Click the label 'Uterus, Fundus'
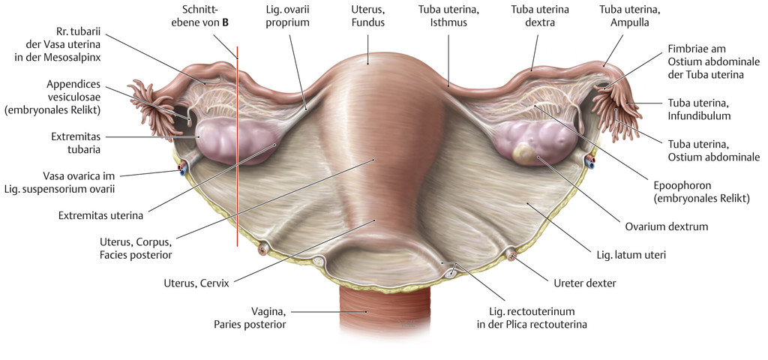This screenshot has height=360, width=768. coord(367,16)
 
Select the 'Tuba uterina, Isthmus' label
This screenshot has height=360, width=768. coord(448,16)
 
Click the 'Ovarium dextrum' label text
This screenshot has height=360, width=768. coord(667,226)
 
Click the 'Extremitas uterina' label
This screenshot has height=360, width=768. coord(100,215)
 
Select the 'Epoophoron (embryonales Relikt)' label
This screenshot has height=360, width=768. coord(701,193)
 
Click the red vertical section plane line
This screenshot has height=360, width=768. coord(237,146)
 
